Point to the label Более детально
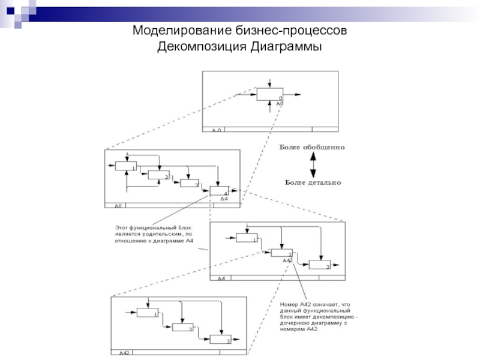(x=312, y=182)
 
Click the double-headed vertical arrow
(x=312, y=164)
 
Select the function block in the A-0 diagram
(x=269, y=94)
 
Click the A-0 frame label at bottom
(x=215, y=130)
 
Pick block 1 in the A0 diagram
(x=125, y=166)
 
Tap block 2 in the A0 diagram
(x=158, y=175)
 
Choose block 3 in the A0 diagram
(x=189, y=183)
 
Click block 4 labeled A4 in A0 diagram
(x=219, y=191)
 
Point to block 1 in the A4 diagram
(x=246, y=238)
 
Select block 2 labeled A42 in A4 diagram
(x=281, y=253)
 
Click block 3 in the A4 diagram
(x=320, y=265)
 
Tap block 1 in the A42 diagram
(x=147, y=312)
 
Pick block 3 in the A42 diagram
(x=220, y=340)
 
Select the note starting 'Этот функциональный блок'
(x=154, y=235)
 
